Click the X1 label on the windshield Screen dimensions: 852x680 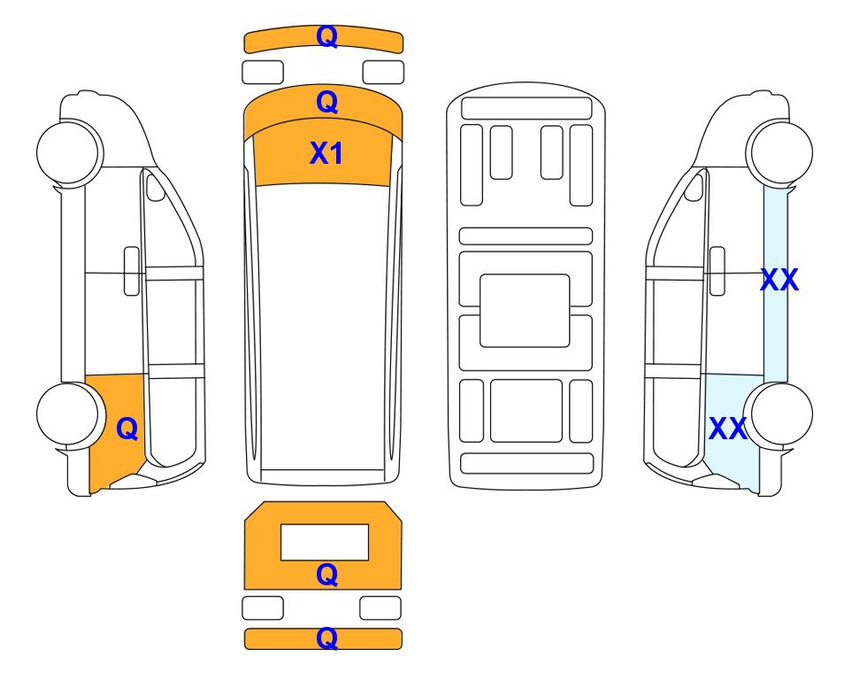tap(326, 153)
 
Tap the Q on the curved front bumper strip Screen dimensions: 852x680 tap(327, 36)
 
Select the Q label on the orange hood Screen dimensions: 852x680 tap(327, 102)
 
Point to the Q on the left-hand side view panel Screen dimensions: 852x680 tap(127, 429)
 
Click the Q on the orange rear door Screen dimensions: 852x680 tap(327, 575)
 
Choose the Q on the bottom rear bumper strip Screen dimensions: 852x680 tap(327, 638)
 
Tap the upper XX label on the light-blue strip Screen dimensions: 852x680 tap(779, 280)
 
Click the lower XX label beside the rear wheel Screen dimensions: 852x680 tap(728, 429)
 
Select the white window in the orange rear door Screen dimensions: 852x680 tap(325, 542)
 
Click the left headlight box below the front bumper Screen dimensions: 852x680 tap(263, 73)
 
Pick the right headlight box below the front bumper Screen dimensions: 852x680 tap(383, 73)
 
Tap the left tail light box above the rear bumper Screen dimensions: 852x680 tap(263, 607)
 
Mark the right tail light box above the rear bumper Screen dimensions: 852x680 tap(380, 607)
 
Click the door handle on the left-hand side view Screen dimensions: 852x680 tap(132, 271)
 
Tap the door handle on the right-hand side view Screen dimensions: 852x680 tap(718, 271)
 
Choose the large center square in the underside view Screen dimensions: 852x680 tap(525, 311)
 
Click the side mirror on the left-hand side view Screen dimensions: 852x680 tap(156, 187)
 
